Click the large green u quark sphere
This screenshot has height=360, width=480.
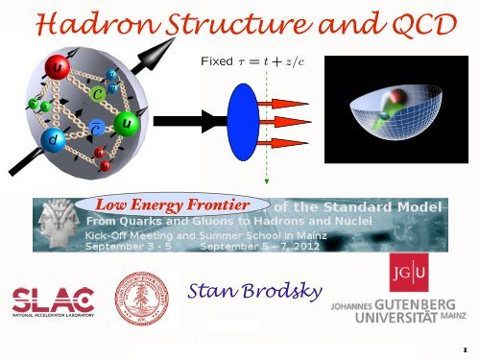pyautogui.click(x=127, y=126)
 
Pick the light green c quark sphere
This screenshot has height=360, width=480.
pyautogui.click(x=99, y=93)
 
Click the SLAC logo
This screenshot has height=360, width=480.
pyautogui.click(x=54, y=299)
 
